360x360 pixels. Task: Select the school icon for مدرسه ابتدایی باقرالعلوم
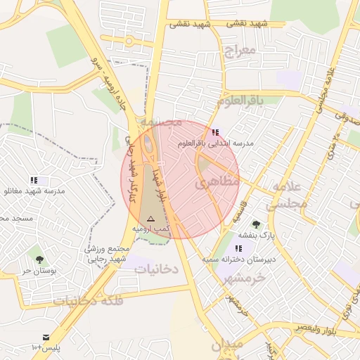[215, 132]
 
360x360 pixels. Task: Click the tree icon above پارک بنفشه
[256, 224]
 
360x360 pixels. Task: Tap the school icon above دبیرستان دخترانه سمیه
[239, 248]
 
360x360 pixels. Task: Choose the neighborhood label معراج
[237, 50]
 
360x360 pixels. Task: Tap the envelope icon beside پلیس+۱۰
[46, 338]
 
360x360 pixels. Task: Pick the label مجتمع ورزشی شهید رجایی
[108, 254]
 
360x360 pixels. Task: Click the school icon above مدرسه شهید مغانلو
[34, 181]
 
